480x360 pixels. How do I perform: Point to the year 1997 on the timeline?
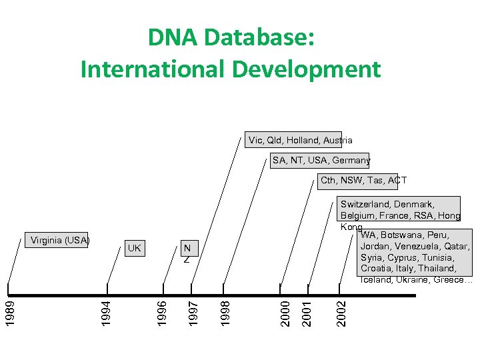192,313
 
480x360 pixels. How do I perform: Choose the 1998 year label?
225,313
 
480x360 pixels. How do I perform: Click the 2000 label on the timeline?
285,313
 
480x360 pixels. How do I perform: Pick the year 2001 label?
307,313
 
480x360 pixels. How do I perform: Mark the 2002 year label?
341,313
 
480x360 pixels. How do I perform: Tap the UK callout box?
134,248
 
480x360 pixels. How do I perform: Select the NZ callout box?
187,250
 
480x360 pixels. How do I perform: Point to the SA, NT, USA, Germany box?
320,160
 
